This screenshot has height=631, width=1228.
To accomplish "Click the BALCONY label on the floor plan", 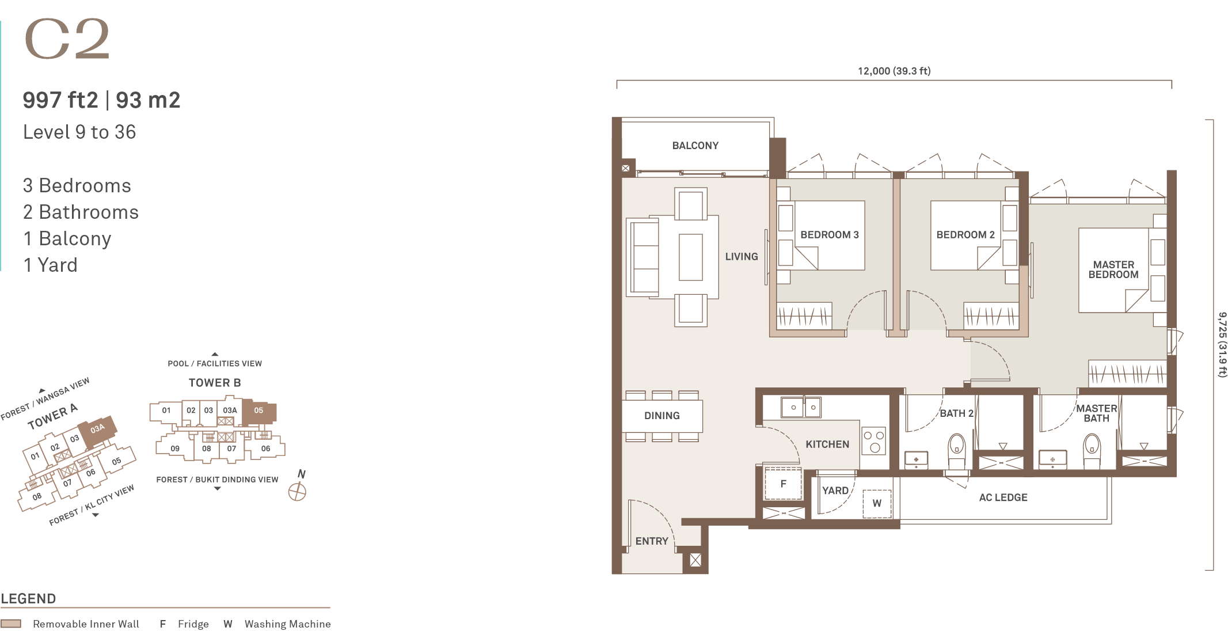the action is click(x=695, y=146).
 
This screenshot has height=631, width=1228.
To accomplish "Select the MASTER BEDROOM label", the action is click(x=1113, y=269).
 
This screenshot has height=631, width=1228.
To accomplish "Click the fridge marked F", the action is click(x=783, y=484).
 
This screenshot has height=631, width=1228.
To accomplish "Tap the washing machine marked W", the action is click(x=877, y=503).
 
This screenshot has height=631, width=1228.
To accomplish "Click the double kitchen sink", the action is click(x=801, y=407).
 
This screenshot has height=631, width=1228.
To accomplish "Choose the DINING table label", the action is click(x=662, y=416).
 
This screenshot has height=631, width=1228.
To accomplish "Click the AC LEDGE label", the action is click(x=1003, y=497).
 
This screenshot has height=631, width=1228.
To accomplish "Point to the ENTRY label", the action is click(x=652, y=541).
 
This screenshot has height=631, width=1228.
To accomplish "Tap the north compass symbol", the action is click(x=297, y=492).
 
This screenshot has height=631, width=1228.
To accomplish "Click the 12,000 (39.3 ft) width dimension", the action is click(x=894, y=71).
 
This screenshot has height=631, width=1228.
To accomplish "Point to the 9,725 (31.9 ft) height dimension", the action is click(x=1223, y=344).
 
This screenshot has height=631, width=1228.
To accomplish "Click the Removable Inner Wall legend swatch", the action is click(x=11, y=624).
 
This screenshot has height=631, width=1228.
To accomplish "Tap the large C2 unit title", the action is click(x=67, y=39).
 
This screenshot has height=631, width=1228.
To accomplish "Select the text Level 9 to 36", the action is click(x=79, y=132).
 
